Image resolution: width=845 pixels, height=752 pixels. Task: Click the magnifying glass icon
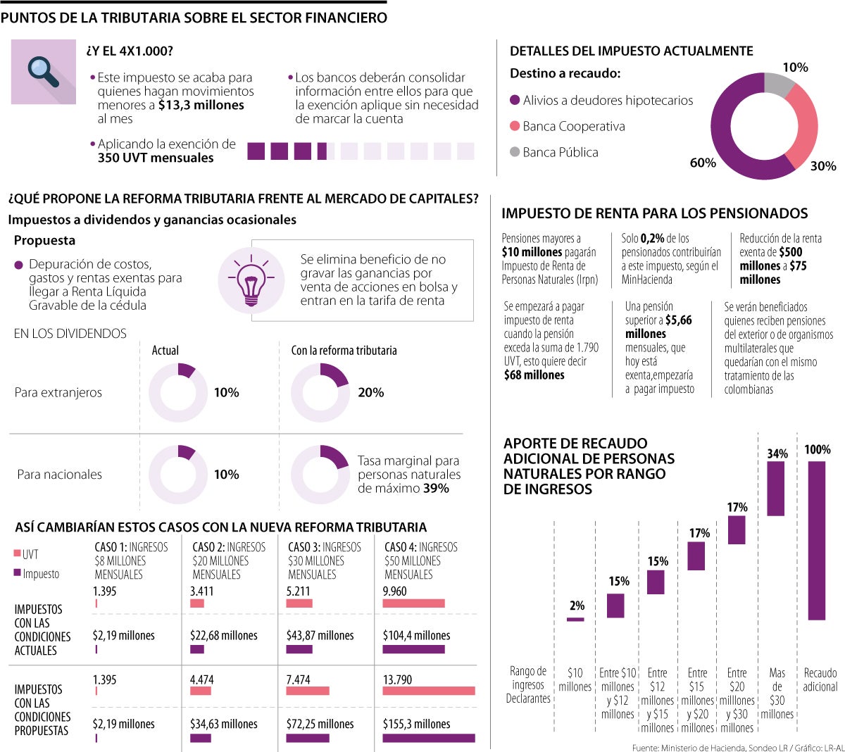tap(43, 72)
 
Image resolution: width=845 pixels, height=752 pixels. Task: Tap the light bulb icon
tap(251, 280)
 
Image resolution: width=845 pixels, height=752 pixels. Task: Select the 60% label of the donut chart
tap(703, 163)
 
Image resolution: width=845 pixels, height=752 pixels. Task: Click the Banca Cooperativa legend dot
tap(515, 126)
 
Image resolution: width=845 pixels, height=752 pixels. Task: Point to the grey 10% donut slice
tap(778, 84)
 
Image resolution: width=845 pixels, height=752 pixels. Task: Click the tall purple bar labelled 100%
tap(817, 540)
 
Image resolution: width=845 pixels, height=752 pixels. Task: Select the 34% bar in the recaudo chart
tap(776, 489)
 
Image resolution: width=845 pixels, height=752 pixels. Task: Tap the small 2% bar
tap(575, 620)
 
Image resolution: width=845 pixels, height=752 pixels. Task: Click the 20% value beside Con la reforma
tap(370, 392)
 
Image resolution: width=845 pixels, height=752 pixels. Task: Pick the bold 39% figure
tap(436, 488)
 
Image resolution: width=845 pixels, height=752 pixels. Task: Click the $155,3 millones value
tap(416, 724)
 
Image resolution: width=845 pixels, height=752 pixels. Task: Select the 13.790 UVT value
tap(397, 679)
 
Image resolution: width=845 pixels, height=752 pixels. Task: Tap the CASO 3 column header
tap(324, 560)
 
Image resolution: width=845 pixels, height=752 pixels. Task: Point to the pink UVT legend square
tap(18, 553)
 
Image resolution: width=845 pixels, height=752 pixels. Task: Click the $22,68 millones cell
tap(224, 635)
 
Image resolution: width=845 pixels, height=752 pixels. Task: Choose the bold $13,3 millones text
tap(201, 105)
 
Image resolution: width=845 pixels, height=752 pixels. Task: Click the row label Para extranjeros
tap(58, 392)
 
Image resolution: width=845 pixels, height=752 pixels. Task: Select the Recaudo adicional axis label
tap(820, 679)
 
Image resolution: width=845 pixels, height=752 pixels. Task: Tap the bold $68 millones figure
tap(534, 375)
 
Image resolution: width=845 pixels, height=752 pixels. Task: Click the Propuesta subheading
tap(44, 240)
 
